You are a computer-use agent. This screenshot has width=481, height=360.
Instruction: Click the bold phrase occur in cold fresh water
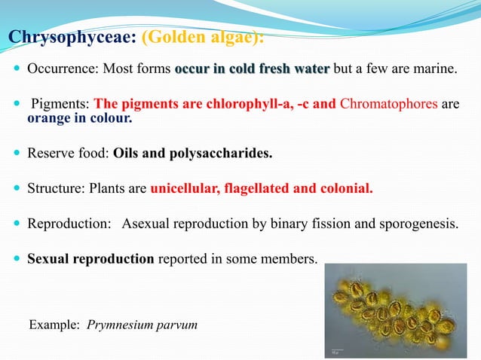[252, 70]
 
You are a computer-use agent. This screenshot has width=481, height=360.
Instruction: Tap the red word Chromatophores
[388, 104]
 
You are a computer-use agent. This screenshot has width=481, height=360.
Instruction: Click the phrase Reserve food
[67, 154]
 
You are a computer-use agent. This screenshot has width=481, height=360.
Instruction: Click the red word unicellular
[184, 188]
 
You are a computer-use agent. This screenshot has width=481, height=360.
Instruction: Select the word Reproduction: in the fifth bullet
[69, 224]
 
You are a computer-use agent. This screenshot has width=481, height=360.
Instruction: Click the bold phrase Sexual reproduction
[90, 258]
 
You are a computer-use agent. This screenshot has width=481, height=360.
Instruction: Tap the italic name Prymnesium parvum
[142, 325]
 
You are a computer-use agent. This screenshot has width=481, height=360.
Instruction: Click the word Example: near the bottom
[54, 325]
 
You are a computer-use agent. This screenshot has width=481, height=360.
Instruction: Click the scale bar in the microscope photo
[337, 349]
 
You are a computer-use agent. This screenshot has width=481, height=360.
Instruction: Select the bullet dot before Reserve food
[17, 154]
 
